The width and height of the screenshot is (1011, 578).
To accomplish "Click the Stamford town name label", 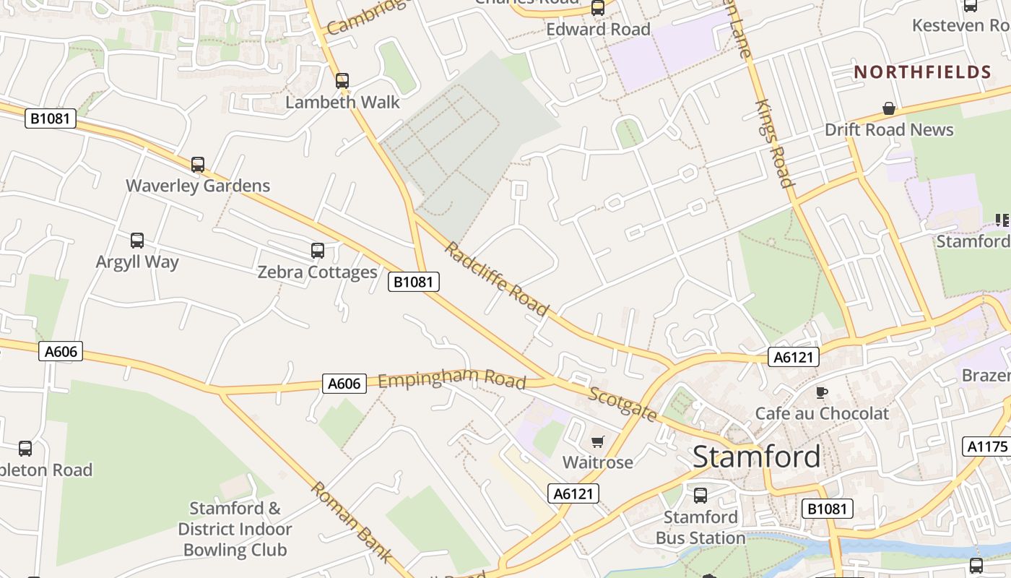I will [756, 457].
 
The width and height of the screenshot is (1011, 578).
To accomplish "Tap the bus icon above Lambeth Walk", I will [342, 80].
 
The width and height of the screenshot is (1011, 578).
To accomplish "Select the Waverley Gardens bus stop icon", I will [198, 165].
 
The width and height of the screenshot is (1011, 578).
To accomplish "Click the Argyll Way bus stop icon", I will [137, 241].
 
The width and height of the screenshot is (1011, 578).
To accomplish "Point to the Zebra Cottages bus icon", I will [318, 251].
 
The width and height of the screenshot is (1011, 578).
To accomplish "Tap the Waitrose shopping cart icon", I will [597, 441].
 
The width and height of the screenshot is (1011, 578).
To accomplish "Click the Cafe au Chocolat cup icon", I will [821, 392].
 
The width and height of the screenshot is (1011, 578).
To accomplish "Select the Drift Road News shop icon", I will [889, 109].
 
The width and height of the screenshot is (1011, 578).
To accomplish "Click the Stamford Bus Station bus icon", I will [700, 496].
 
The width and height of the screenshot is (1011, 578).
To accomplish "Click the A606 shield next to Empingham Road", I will [344, 384].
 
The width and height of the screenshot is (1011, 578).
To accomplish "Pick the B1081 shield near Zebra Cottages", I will [414, 282].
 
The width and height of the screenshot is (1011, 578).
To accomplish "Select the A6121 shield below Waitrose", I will [573, 493].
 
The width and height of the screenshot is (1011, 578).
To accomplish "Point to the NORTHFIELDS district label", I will [922, 72].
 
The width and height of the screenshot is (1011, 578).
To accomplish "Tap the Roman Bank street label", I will [352, 522].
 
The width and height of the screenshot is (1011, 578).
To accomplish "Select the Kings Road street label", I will [774, 143].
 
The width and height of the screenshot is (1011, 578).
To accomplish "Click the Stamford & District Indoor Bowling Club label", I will [235, 529].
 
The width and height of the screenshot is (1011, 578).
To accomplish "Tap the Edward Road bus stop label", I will [598, 30].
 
